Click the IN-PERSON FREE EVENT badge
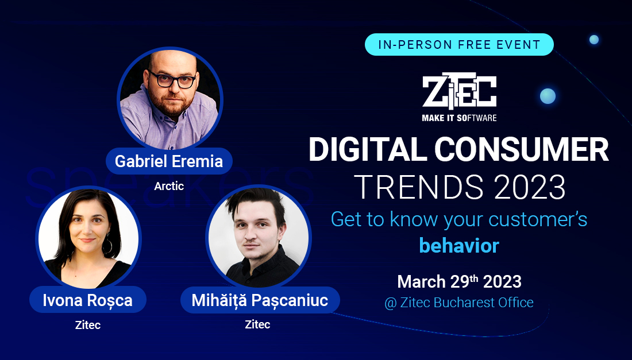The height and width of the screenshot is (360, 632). pyautogui.click(x=459, y=44)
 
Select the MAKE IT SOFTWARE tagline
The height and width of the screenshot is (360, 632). pyautogui.click(x=459, y=118)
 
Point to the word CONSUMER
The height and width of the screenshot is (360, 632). pyautogui.click(x=522, y=149)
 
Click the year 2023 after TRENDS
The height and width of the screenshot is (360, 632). pyautogui.click(x=530, y=187)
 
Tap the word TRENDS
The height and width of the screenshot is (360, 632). pyautogui.click(x=419, y=187)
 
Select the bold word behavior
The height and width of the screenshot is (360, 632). pyautogui.click(x=459, y=245)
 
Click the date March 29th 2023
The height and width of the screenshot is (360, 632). pyautogui.click(x=459, y=281)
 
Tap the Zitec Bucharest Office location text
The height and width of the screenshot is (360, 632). pyautogui.click(x=459, y=303)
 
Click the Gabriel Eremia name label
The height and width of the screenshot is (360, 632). pyautogui.click(x=169, y=161)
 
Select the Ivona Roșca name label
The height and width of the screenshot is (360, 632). pyautogui.click(x=87, y=300)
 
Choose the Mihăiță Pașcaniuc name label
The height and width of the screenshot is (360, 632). pyautogui.click(x=260, y=300)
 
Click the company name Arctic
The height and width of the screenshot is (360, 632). pyautogui.click(x=169, y=186)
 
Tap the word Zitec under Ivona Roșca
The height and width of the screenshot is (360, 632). pyautogui.click(x=88, y=325)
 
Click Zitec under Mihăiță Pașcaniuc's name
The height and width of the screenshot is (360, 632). pyautogui.click(x=257, y=324)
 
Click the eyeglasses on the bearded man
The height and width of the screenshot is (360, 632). pyautogui.click(x=172, y=79)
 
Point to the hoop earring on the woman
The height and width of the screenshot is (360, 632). pyautogui.click(x=108, y=246)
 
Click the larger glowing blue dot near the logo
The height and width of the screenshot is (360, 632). pyautogui.click(x=548, y=96)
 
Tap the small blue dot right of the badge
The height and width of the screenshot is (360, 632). pyautogui.click(x=594, y=40)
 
